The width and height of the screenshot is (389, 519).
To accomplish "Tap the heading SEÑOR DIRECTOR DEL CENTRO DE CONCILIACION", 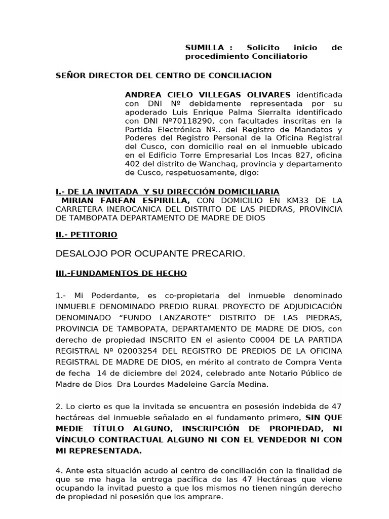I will (x=163, y=76).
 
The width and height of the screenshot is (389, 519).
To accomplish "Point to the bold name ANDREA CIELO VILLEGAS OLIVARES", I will (x=208, y=95).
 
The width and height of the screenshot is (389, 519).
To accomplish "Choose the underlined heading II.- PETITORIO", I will (x=86, y=235).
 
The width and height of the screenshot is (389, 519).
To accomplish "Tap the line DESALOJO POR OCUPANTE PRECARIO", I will (x=150, y=253).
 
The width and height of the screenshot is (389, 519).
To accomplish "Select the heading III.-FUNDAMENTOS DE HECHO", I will (x=121, y=273).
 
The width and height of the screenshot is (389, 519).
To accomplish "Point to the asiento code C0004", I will (x=253, y=340).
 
